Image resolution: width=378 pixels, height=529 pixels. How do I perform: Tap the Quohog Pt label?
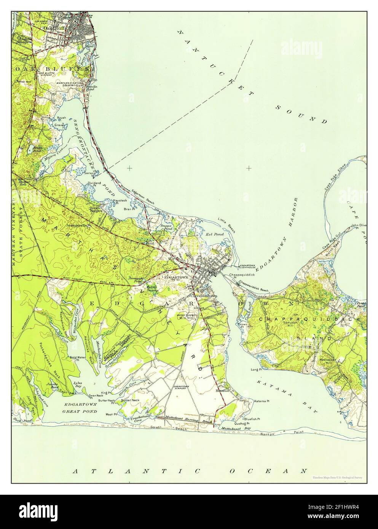[242, 423]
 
